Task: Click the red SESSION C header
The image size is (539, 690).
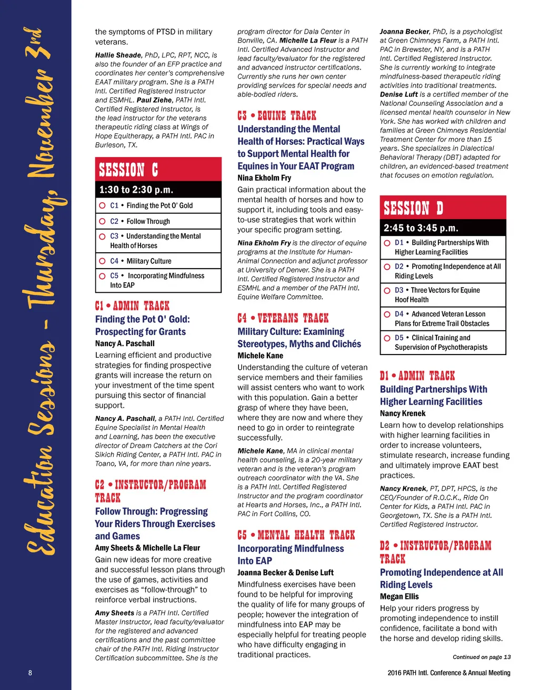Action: pos(158,170)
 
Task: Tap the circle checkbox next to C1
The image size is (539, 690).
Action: pos(103,205)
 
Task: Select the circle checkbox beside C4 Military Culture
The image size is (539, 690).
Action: pos(103,261)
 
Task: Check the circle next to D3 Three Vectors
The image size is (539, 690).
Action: pos(387,290)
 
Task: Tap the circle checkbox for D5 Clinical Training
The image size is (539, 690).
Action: pos(387,338)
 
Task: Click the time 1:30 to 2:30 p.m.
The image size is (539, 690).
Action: pos(136,190)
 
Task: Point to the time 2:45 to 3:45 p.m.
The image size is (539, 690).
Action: pos(421,228)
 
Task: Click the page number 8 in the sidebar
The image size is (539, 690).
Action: pos(30,673)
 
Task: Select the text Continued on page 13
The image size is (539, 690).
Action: pos(482,657)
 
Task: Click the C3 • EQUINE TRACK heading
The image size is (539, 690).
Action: pos(277,115)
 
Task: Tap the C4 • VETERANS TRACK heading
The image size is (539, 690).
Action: pos(283,318)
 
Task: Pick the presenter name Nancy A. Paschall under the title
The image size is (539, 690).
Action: pos(125,343)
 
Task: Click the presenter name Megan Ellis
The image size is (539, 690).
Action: pos(400,596)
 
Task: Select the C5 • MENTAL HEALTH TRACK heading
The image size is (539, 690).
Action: pos(296,535)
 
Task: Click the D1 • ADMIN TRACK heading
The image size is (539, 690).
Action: pos(417,376)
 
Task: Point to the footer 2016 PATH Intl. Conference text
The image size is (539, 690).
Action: pos(448,673)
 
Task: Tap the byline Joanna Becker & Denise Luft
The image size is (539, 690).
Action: pos(285,573)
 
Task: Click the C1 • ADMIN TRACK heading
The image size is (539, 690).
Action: pos(132,305)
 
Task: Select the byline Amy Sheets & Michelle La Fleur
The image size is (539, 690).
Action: pos(147,548)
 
